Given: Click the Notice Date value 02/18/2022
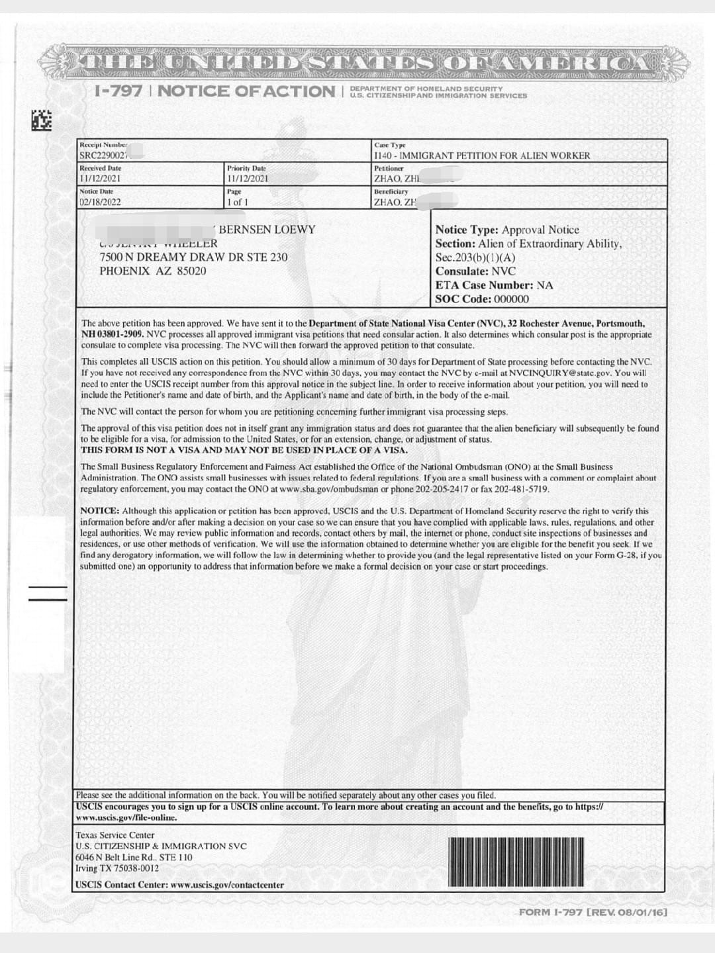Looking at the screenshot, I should [100, 203].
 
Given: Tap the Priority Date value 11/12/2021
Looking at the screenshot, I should [248, 179].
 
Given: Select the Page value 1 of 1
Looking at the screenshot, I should [237, 203].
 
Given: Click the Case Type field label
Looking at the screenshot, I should [390, 145].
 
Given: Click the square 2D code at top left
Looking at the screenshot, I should [41, 120].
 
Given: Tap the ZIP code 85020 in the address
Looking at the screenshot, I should [191, 271].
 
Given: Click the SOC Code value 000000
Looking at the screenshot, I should [511, 299].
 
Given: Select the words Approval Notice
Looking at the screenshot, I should [540, 230].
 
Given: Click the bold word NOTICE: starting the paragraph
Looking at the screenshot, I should [100, 511].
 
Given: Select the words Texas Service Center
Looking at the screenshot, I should [115, 835].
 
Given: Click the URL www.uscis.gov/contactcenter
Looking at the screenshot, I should [227, 885].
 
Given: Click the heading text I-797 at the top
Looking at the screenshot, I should [119, 91].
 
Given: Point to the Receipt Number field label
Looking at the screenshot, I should [103, 145].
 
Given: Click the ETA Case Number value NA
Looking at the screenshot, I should [544, 285].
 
